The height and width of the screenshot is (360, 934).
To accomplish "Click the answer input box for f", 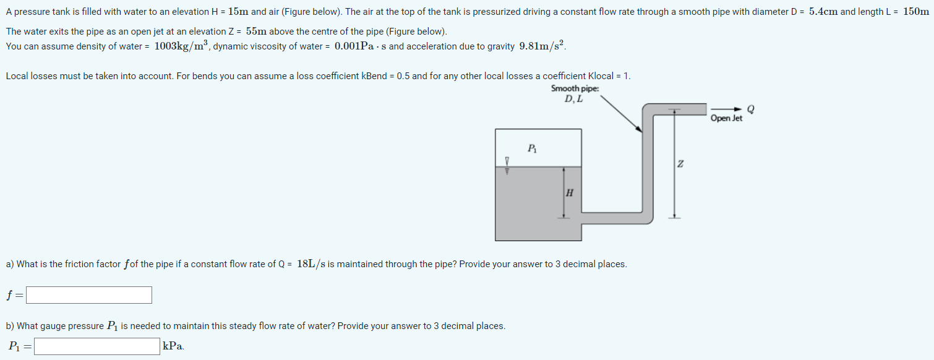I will (89, 295).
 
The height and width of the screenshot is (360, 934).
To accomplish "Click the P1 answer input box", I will (97, 346).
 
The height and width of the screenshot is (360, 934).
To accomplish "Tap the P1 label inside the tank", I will (532, 148).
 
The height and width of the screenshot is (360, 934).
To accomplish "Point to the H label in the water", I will (569, 192).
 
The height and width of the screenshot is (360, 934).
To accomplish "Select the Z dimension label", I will (680, 163).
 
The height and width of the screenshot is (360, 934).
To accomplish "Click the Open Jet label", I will (726, 118).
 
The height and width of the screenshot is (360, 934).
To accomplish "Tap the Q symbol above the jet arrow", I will (751, 108).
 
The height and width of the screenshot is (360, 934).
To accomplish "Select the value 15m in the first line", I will (238, 12).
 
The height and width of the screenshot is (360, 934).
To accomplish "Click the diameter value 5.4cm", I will (823, 12).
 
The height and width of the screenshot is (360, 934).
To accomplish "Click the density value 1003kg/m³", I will (181, 46).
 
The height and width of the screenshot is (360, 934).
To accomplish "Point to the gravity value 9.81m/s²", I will (542, 46).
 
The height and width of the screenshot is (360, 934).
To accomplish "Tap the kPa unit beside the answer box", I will (173, 346).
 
